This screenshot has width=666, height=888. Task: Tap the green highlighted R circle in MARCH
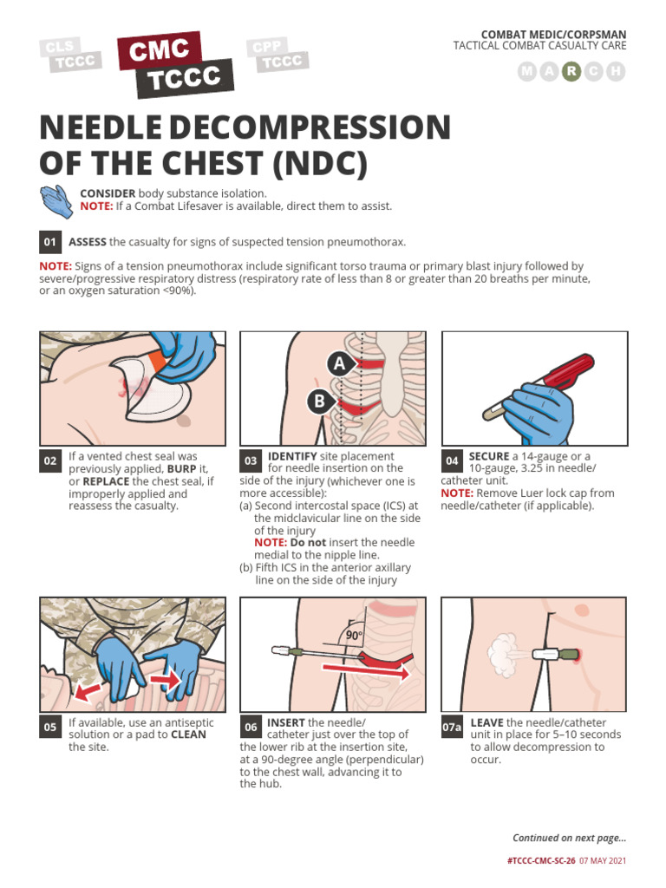[571, 72]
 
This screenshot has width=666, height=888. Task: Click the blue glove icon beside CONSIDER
[56, 200]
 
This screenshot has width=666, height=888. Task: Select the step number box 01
[50, 242]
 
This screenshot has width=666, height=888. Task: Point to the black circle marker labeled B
[318, 401]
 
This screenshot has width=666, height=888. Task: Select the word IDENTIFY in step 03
[295, 456]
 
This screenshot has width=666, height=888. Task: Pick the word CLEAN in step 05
[188, 735]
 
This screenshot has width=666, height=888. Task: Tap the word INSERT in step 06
[286, 722]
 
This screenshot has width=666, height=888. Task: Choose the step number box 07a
[453, 728]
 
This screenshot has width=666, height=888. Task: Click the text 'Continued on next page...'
[569, 838]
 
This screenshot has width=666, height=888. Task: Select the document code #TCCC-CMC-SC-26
[540, 861]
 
